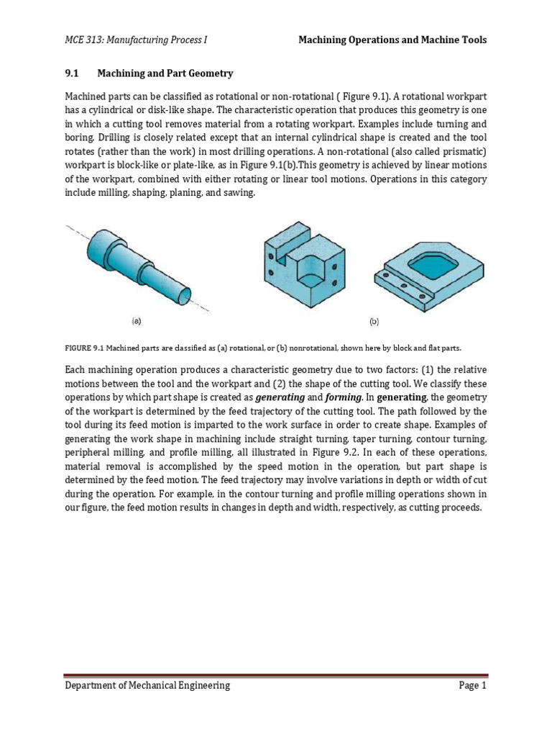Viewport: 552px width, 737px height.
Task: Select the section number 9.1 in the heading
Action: pos(73,73)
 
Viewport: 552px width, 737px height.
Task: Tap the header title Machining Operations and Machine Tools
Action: pos(392,40)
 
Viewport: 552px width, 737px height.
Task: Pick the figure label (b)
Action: pos(374,322)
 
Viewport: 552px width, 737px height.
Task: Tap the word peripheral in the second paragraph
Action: pos(91,451)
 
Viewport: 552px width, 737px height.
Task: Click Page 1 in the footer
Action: pos(473,686)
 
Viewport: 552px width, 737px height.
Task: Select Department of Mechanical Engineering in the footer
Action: pos(148,686)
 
